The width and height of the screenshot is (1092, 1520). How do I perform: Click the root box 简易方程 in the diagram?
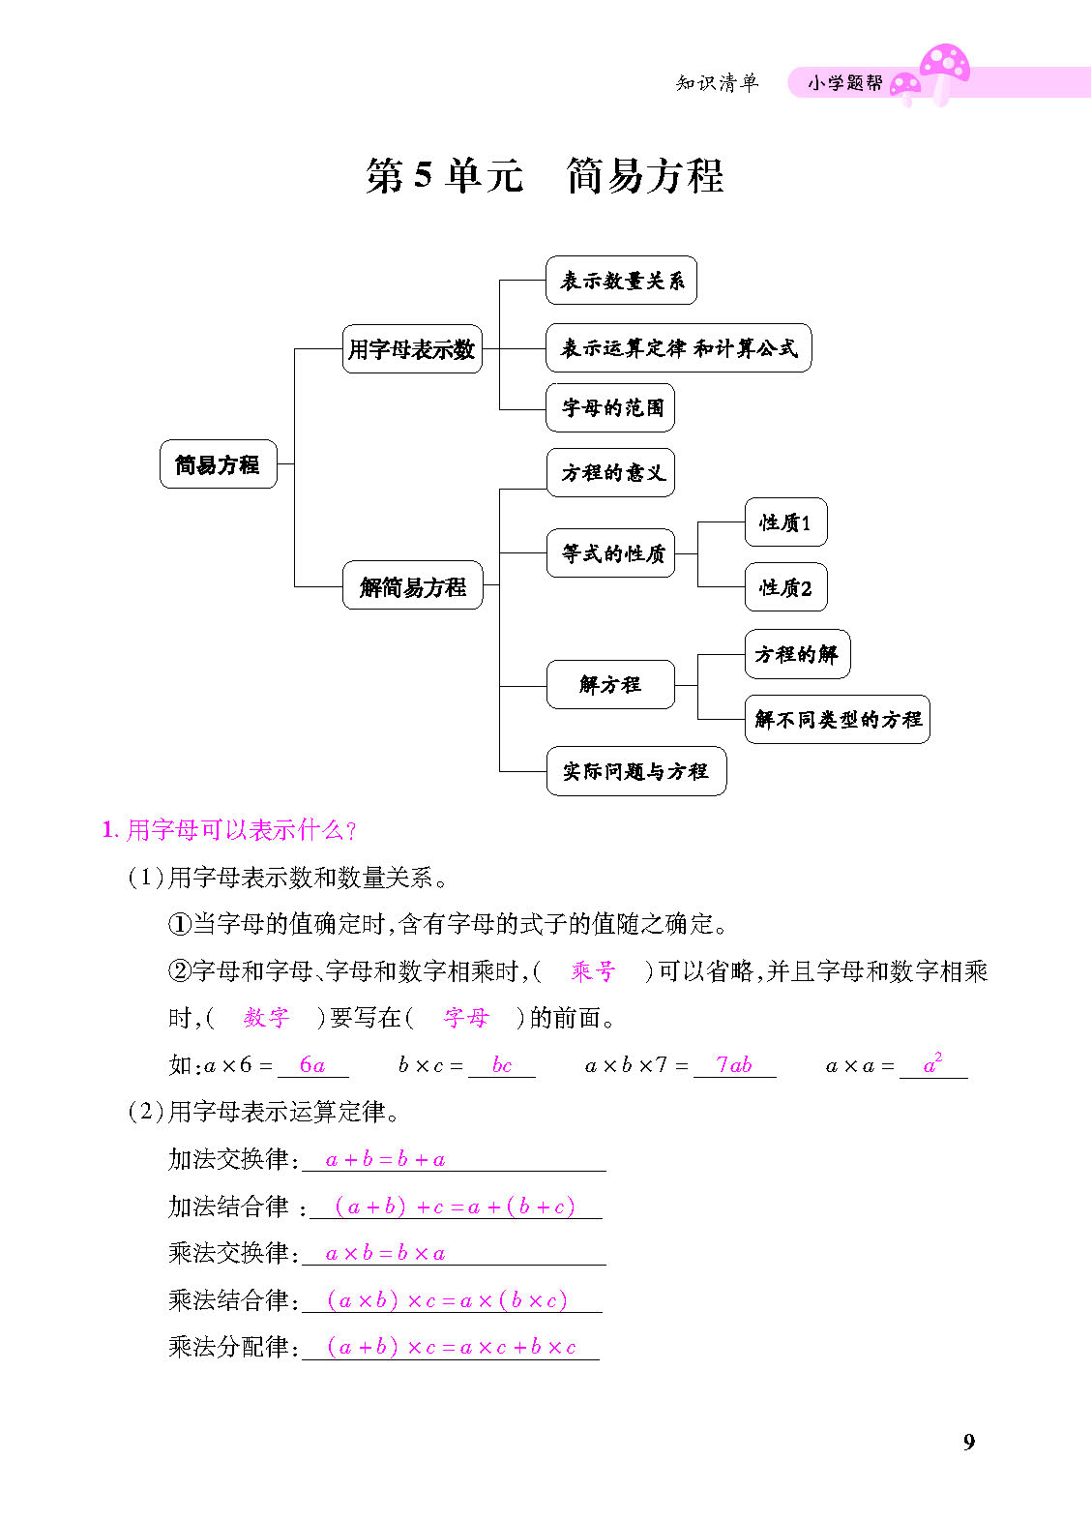click(218, 464)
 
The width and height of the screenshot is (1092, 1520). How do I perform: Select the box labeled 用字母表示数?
click(412, 348)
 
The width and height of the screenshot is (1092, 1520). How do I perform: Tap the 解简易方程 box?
click(412, 585)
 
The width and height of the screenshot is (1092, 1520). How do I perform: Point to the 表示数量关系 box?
click(621, 280)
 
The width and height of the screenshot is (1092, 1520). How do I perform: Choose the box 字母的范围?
click(609, 407)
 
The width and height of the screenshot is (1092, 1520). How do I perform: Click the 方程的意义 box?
click(610, 472)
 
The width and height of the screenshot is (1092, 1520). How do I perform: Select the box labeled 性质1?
click(785, 522)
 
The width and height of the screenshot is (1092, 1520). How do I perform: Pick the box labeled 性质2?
click(785, 587)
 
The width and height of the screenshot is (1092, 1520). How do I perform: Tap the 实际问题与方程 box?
click(636, 771)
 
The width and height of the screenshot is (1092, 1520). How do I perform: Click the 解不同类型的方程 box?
click(837, 719)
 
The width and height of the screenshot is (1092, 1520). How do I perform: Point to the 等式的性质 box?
click(610, 553)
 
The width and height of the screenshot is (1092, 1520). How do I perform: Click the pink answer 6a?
click(312, 1064)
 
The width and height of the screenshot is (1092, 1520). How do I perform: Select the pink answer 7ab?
click(734, 1064)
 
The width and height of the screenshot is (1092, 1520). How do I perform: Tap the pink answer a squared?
click(932, 1063)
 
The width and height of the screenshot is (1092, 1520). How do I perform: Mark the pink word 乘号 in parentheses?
click(593, 971)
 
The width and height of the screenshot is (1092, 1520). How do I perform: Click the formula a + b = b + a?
click(385, 1159)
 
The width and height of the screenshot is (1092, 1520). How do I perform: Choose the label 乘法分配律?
click(228, 1346)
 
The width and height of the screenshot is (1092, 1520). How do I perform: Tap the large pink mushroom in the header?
click(945, 74)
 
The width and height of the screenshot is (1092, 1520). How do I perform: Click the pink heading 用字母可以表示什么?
click(228, 829)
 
